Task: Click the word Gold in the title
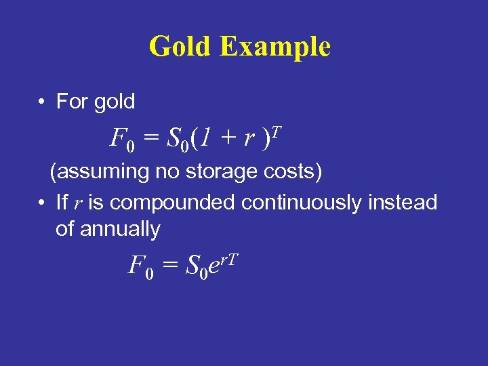point(180,47)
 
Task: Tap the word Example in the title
point(275,47)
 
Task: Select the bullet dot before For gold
point(42,102)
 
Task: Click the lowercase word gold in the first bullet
point(115,102)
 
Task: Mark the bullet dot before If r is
point(42,203)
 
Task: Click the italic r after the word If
point(77,203)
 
